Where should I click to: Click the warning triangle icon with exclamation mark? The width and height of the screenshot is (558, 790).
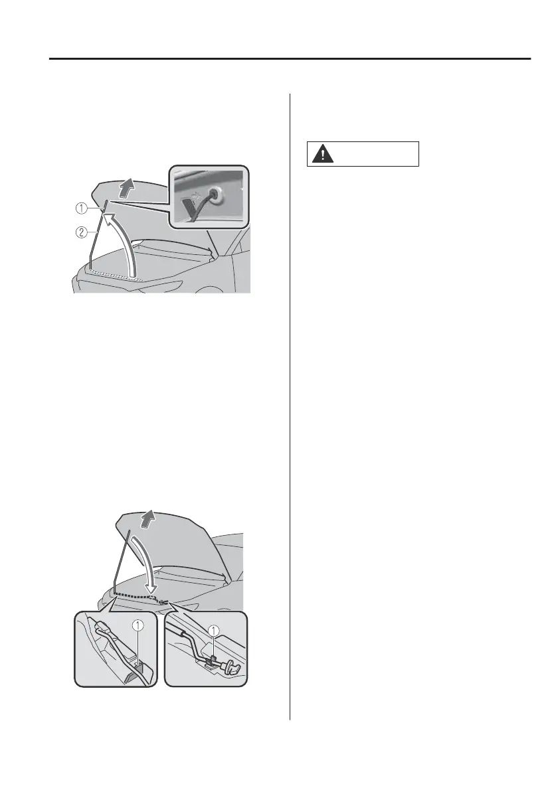pos(322,153)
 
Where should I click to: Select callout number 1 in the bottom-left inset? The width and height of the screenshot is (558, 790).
pos(137,624)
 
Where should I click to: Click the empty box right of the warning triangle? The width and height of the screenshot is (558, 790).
pos(378,153)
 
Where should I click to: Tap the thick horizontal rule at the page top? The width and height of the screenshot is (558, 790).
pos(290,59)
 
